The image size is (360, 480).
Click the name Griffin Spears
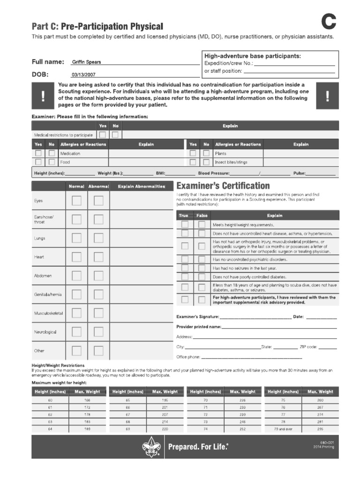86,62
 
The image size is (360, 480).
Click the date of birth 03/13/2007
83,75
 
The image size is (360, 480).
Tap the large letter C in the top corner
329,22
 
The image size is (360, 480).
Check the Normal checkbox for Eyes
76,201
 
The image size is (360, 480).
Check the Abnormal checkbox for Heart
98,257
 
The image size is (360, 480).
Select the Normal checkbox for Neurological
76,332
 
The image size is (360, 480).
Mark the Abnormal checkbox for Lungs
98,238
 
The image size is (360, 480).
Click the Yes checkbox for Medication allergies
38,153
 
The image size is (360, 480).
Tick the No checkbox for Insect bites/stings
206,162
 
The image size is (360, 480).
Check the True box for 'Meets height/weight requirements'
185,225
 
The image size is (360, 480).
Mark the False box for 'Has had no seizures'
202,268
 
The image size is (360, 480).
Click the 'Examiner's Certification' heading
223,186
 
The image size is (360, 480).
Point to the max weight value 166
87,400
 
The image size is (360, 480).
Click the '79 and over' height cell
283,428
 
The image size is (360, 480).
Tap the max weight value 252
242,428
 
